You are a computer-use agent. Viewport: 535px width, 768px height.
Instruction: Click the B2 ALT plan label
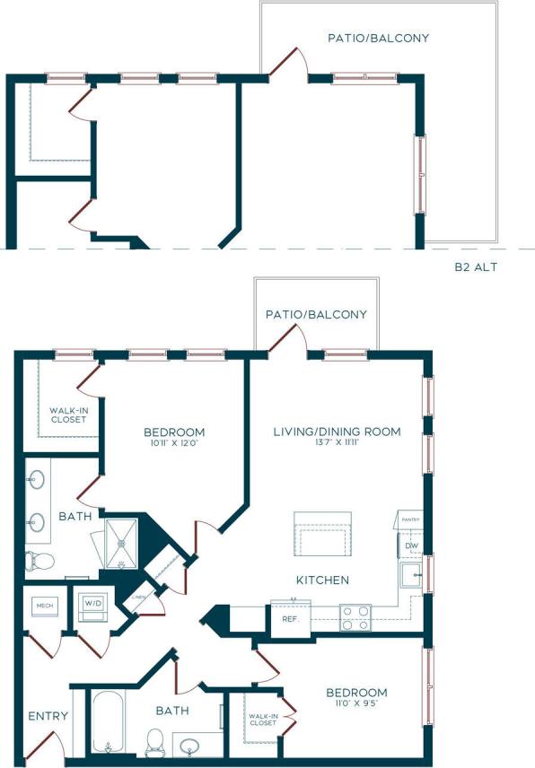click(476, 266)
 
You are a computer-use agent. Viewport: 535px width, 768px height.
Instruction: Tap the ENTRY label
click(48, 716)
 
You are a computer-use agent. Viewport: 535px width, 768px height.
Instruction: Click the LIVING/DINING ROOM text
click(337, 432)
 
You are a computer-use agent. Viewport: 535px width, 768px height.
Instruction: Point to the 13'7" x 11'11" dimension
click(337, 443)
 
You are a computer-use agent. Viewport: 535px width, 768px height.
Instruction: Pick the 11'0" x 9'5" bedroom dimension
click(356, 704)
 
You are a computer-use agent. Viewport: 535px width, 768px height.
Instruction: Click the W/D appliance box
click(93, 606)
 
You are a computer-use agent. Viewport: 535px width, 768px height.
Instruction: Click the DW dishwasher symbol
click(411, 545)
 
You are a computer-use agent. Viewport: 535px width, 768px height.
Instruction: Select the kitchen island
click(323, 535)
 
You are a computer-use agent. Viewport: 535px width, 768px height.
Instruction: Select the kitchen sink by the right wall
click(411, 574)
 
